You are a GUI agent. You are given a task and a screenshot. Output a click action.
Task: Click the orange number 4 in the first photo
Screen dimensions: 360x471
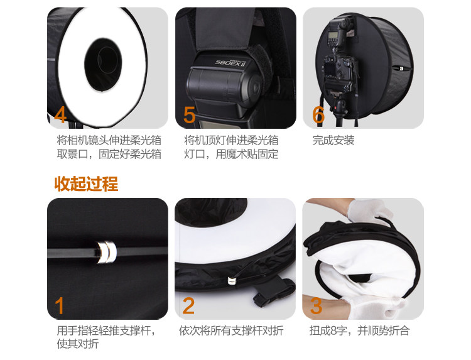61,115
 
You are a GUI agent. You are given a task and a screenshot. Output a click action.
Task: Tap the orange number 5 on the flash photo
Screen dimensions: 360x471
190,116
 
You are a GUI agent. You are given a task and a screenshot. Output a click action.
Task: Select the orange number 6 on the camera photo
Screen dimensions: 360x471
318,115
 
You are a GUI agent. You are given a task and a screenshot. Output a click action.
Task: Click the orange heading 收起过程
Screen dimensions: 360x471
86,184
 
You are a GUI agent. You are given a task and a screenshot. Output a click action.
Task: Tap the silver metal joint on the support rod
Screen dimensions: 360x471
106,252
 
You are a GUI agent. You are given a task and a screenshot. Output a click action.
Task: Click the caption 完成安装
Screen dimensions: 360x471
333,140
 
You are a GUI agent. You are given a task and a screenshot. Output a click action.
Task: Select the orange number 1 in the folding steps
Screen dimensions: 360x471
60,306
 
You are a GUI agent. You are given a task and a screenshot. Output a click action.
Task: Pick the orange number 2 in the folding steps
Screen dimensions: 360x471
189,306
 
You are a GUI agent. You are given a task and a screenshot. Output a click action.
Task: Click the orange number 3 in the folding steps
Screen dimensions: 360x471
317,306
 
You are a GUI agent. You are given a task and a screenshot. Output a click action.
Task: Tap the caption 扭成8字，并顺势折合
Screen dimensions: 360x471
359,330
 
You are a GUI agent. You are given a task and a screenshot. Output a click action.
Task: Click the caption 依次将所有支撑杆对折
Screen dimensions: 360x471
230,330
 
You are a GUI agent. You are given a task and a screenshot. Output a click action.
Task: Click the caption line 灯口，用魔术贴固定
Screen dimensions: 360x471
231,154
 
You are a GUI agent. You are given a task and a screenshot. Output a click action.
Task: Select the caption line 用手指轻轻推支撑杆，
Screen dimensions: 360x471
106,330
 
